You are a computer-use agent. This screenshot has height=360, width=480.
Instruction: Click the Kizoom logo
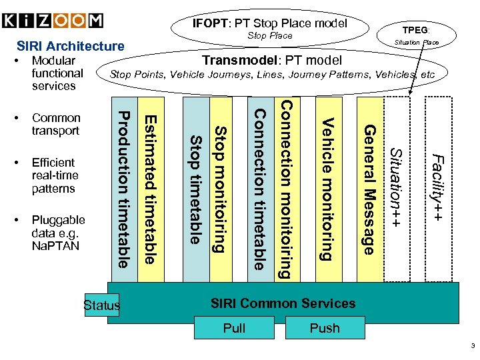[53, 20]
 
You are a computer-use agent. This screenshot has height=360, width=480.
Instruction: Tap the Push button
[325, 328]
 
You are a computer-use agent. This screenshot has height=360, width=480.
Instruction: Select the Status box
[102, 305]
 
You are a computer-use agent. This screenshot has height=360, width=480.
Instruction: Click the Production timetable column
[123, 190]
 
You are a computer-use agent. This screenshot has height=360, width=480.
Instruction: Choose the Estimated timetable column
[151, 190]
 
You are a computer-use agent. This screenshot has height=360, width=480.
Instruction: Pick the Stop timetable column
[195, 190]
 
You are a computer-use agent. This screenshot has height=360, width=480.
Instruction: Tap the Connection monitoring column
[284, 190]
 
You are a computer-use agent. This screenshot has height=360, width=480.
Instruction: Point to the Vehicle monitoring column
[327, 190]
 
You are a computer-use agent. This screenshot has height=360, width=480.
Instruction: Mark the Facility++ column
[439, 190]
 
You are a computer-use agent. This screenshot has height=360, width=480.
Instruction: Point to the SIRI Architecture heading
[70, 46]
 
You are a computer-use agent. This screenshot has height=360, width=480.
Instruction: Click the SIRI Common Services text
[283, 303]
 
